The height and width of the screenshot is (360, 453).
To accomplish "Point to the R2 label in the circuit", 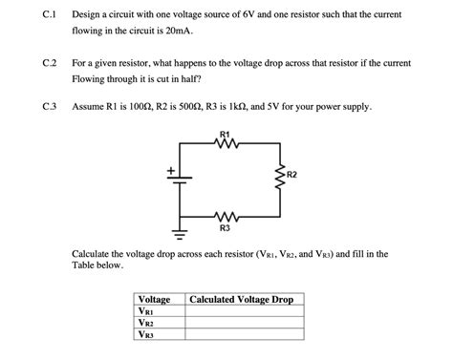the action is coord(291,176).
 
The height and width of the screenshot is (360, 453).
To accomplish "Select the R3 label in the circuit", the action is coord(225,228).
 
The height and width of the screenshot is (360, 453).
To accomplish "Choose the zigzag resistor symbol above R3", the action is coord(225,216).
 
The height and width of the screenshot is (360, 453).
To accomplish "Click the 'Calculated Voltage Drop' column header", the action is coord(242,300).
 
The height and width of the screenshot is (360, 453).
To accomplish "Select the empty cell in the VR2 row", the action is coord(242,323).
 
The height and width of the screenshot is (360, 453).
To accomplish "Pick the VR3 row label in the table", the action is coord(146,335).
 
